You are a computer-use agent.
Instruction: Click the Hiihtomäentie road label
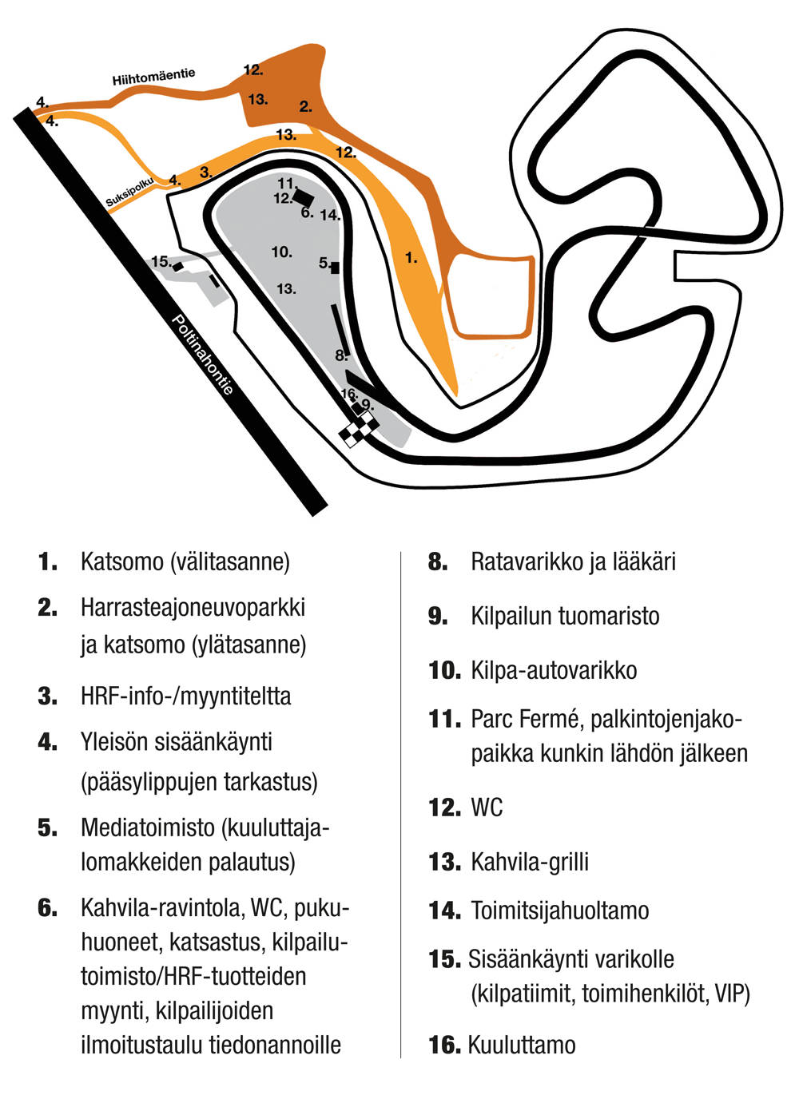tap(153, 77)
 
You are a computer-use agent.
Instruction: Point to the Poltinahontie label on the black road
tap(202, 355)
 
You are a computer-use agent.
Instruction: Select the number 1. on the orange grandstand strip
tap(411, 257)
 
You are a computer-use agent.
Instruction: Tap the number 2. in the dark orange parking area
tap(305, 106)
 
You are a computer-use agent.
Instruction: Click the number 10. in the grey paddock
tap(282, 252)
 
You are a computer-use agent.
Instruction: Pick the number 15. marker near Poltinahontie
tap(161, 261)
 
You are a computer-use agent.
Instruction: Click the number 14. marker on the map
tap(330, 215)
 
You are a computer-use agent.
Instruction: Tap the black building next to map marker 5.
tap(336, 268)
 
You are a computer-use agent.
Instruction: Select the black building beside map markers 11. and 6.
tap(304, 198)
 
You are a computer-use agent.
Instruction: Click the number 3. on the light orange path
tap(206, 173)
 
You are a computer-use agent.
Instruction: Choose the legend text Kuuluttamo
tap(522, 1045)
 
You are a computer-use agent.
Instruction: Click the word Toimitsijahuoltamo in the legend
tap(560, 911)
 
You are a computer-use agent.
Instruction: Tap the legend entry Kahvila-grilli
tap(530, 862)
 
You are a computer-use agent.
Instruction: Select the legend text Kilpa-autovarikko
tap(555, 670)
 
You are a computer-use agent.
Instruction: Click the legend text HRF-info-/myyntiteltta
tap(185, 696)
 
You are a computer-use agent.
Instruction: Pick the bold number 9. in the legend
tap(438, 616)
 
